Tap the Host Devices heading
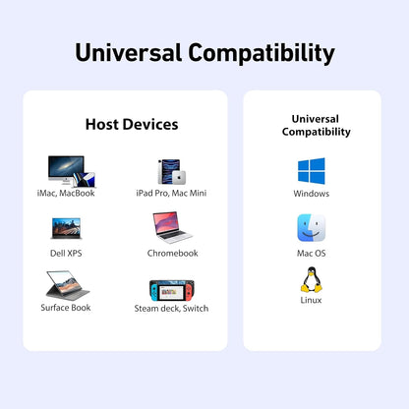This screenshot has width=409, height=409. (x=132, y=124)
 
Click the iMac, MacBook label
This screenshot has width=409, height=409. (x=66, y=193)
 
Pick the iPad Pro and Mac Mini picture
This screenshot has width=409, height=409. (x=171, y=171)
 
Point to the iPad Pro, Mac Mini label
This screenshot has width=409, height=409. (x=171, y=193)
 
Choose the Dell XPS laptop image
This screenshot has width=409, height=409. (x=66, y=228)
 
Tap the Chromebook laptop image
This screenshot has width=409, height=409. (x=171, y=228)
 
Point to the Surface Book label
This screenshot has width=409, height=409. (x=66, y=307)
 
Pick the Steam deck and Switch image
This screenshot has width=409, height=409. (x=171, y=290)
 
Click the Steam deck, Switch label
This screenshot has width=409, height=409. (x=171, y=308)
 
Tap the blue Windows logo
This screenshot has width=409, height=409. (x=312, y=171)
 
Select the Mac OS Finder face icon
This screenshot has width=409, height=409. (x=312, y=228)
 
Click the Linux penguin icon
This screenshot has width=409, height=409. (x=312, y=280)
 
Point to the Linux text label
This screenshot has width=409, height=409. (x=312, y=300)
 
